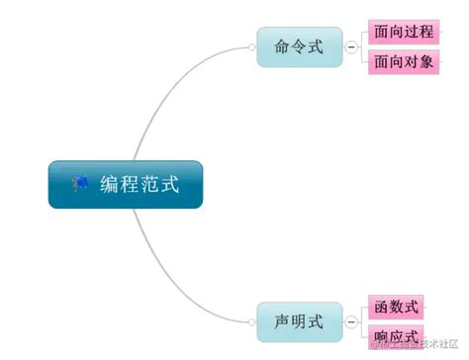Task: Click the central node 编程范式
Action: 126,184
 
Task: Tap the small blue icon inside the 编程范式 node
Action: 80,184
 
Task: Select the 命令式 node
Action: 298,46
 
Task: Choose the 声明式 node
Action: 298,320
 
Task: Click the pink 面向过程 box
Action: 403,33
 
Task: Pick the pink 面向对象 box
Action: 403,62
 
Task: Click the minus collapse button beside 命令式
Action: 351,46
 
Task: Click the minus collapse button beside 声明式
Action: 351,320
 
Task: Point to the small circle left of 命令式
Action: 251,46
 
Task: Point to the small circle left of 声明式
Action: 251,320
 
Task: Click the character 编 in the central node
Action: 109,184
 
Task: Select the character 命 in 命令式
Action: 281,46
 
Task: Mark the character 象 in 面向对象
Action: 426,62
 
